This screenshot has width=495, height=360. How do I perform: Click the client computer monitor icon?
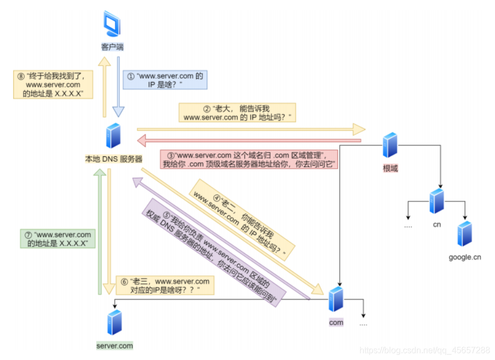coord(112,26)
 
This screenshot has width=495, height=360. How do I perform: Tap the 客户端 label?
coord(112,47)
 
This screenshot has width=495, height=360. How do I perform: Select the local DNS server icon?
coord(113,136)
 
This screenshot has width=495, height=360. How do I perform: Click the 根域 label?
coord(391,168)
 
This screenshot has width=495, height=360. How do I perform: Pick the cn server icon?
coord(437,201)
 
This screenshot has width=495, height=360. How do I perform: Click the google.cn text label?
coord(464,258)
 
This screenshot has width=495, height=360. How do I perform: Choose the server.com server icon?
coord(114,322)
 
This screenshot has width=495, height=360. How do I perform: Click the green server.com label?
coord(114,346)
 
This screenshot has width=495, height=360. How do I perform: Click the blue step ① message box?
coord(165,81)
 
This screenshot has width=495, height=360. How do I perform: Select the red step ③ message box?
coord(250,159)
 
